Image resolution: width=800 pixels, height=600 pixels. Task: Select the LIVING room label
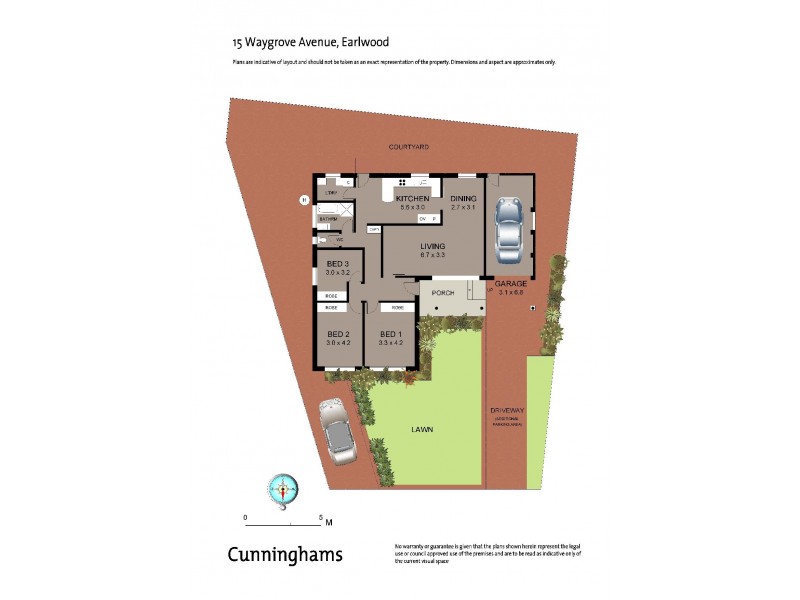pyautogui.click(x=432, y=246)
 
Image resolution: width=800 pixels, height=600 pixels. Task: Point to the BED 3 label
pyautogui.click(x=337, y=264)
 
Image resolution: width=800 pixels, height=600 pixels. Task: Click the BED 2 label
pyautogui.click(x=337, y=334)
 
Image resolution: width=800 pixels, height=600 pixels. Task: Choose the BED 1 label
pyautogui.click(x=390, y=334)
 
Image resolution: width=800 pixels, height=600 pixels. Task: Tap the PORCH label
pyautogui.click(x=443, y=293)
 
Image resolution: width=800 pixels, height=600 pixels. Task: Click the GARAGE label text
pyautogui.click(x=511, y=284)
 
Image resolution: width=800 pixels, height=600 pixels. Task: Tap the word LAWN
pyautogui.click(x=421, y=430)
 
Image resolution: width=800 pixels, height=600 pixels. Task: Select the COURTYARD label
pyautogui.click(x=409, y=147)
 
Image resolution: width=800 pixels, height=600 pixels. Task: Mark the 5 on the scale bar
pyautogui.click(x=319, y=517)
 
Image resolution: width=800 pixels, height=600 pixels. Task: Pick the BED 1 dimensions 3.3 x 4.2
pyautogui.click(x=390, y=343)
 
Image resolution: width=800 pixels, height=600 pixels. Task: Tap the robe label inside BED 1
pyautogui.click(x=397, y=308)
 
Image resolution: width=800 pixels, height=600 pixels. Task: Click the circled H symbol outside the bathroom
pyautogui.click(x=303, y=200)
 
